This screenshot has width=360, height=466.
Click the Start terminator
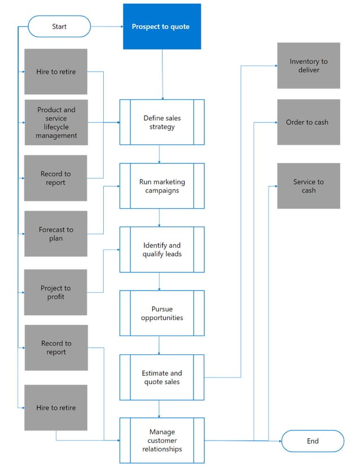pos(59,27)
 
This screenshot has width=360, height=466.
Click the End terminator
pos(313,441)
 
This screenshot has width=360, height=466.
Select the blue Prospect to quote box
pos(162,27)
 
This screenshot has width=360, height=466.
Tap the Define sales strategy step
pos(162,122)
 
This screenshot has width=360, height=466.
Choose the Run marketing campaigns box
pos(162,186)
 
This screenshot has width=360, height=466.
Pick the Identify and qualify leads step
pos(162,250)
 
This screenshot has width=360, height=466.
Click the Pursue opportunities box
pos(162,313)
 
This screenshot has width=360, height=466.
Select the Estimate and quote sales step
pos(162,377)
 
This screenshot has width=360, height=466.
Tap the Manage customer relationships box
pos(162,441)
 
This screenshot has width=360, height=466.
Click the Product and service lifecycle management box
pos(56,122)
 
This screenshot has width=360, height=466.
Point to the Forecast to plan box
pos(56,234)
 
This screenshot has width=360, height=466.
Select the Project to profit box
pos(56,292)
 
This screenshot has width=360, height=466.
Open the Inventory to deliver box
pos(309,65)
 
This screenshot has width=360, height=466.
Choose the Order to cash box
pos(309,122)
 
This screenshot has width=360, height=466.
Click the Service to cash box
pos(309,186)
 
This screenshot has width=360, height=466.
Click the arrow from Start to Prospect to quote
pos(107,27)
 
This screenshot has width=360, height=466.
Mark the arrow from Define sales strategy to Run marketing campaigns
pos(160,154)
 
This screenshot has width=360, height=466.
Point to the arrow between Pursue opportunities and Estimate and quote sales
pos(160,345)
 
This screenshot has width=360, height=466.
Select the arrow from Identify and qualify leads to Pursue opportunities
pos(160,281)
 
